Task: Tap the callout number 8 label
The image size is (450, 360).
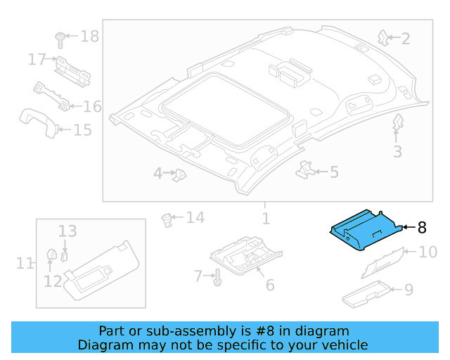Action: click(422, 227)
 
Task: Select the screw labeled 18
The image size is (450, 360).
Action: click(61, 37)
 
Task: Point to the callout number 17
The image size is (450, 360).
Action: click(37, 60)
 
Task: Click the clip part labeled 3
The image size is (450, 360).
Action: click(397, 122)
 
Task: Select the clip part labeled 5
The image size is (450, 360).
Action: click(305, 169)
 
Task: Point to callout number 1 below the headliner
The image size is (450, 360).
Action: click(266, 219)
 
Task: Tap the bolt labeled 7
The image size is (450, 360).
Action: click(217, 278)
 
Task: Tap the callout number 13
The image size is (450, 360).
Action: click(67, 231)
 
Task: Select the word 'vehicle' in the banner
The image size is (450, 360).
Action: click(343, 345)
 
